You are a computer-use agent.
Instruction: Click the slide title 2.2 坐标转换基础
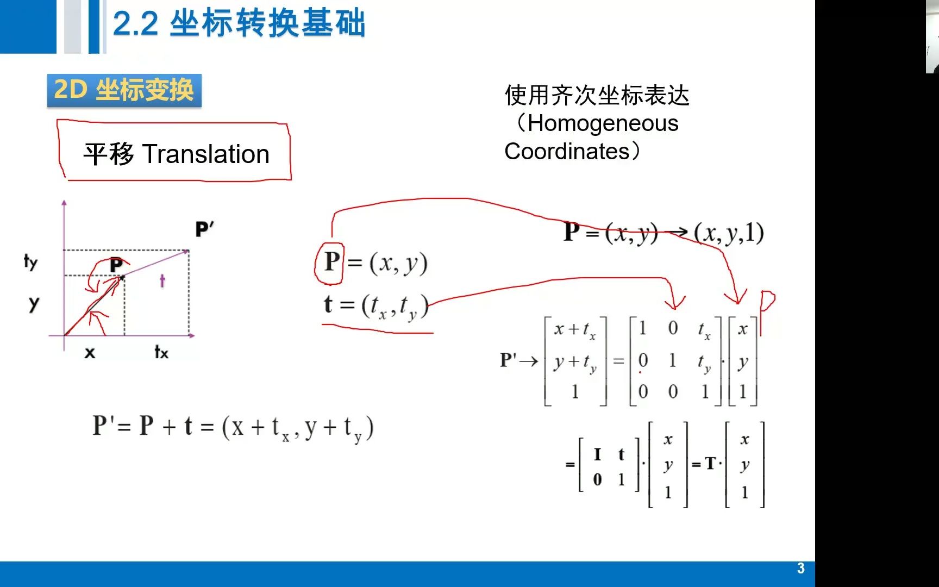pyautogui.click(x=239, y=24)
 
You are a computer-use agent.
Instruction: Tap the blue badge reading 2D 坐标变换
pyautogui.click(x=124, y=90)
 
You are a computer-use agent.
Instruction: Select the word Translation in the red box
pyautogui.click(x=206, y=154)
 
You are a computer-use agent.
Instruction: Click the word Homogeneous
pyautogui.click(x=603, y=124)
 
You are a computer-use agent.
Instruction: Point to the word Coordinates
pyautogui.click(x=567, y=151)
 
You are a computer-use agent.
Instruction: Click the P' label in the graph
pyautogui.click(x=204, y=229)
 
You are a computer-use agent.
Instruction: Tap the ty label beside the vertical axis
pyautogui.click(x=30, y=262)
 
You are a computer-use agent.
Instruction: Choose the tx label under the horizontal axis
pyautogui.click(x=161, y=352)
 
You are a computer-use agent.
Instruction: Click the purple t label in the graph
pyautogui.click(x=162, y=280)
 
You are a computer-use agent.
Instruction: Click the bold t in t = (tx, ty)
pyautogui.click(x=328, y=304)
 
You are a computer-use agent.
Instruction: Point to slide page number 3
pyautogui.click(x=800, y=569)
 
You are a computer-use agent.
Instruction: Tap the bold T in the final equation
pyautogui.click(x=710, y=464)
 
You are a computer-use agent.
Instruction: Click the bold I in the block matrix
pyautogui.click(x=597, y=454)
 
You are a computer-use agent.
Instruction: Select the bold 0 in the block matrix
pyautogui.click(x=597, y=479)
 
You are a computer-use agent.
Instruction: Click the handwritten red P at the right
pyautogui.click(x=766, y=313)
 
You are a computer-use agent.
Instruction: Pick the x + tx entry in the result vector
pyautogui.click(x=574, y=329)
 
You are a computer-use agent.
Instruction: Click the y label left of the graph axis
pyautogui.click(x=34, y=303)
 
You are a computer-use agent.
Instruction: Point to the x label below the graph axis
pyautogui.click(x=90, y=353)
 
